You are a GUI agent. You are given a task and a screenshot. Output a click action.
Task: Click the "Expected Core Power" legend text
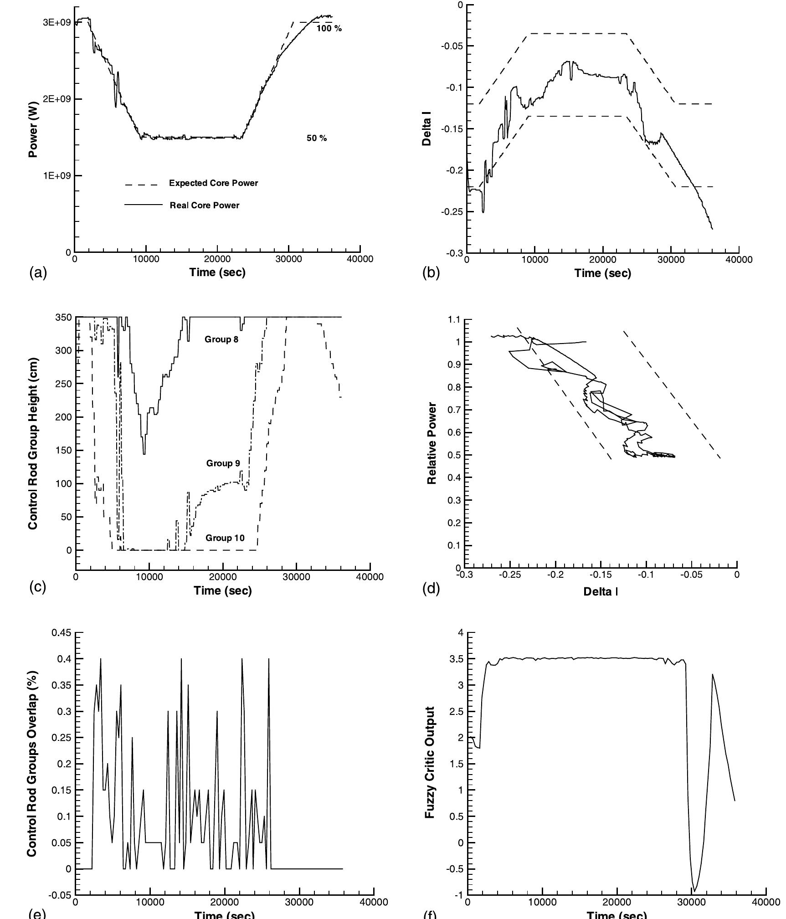click(x=213, y=183)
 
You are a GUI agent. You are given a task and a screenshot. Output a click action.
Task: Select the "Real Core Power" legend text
click(x=204, y=205)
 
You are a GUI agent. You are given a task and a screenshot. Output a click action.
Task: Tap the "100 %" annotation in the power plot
click(x=329, y=29)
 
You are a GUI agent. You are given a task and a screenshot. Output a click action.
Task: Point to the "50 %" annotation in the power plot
click(x=316, y=138)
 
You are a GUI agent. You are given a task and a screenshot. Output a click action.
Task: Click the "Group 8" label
click(x=221, y=339)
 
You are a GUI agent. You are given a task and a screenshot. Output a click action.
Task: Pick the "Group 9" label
click(x=223, y=463)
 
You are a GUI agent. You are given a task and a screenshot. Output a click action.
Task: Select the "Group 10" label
click(x=225, y=538)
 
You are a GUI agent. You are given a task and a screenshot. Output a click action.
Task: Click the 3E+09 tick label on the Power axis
click(x=57, y=22)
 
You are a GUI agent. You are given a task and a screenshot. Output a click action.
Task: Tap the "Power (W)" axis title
click(x=33, y=129)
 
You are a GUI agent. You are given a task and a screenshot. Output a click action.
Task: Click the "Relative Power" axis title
click(x=432, y=443)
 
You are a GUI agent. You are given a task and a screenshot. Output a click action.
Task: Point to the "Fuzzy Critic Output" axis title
click(x=429, y=763)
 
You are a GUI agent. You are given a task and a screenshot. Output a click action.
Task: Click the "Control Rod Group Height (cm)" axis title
click(x=33, y=443)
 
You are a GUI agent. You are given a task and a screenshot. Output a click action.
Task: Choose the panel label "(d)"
click(x=431, y=589)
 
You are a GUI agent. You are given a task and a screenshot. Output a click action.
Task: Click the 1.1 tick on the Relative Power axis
click(x=455, y=320)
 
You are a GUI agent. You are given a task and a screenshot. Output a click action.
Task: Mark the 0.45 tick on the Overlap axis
click(x=62, y=632)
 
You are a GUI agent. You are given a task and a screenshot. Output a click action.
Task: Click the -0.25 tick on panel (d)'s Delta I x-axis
click(x=509, y=575)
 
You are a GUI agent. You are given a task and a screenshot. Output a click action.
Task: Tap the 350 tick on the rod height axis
click(x=64, y=317)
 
